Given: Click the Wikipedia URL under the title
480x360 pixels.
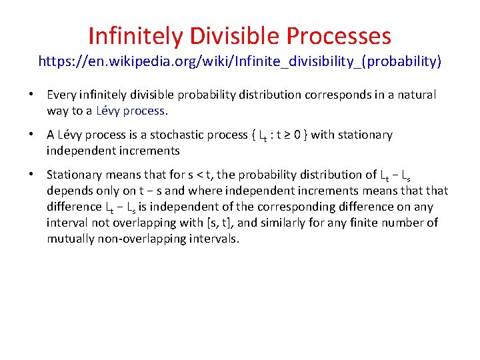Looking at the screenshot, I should [240, 62].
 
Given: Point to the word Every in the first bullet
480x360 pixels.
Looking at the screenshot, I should [61, 95].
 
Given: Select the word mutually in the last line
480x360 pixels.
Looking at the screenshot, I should [70, 239].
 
